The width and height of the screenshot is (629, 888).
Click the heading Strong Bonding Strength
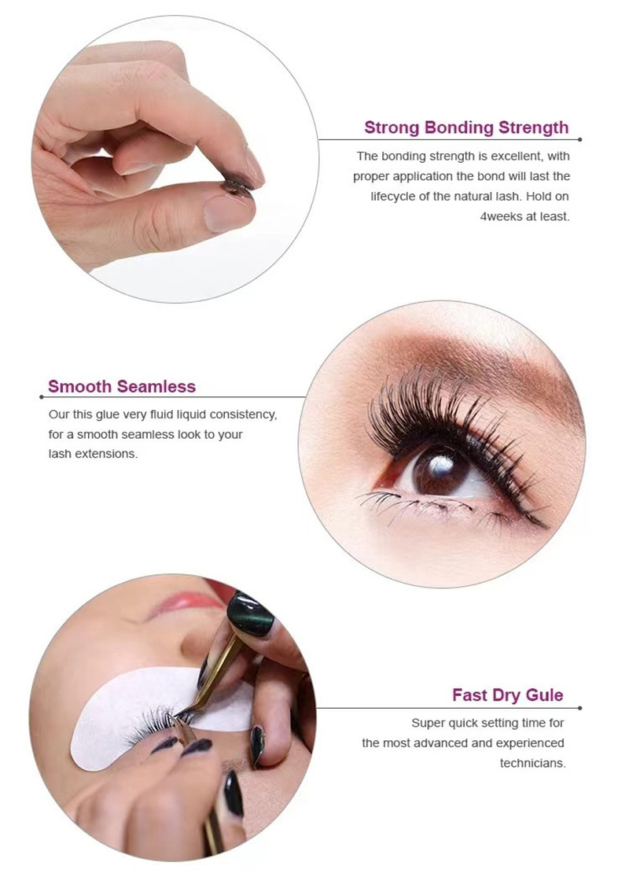click(466, 127)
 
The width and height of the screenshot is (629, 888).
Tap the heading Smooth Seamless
click(122, 386)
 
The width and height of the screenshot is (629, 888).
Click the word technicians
click(532, 763)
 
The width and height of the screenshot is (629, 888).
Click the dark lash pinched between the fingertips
click(235, 186)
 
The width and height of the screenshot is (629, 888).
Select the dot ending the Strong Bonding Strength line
click(579, 140)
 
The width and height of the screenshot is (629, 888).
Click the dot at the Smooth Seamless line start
click(40, 397)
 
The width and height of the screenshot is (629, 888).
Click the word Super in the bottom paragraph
click(428, 723)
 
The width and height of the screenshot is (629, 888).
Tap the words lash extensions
click(93, 455)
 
